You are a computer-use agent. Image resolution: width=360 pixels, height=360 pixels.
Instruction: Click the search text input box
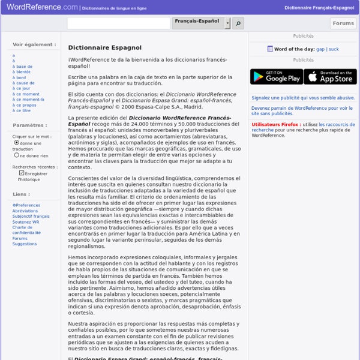click(x=118, y=23)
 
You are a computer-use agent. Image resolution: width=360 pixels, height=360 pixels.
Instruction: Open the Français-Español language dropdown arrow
click(x=227, y=23)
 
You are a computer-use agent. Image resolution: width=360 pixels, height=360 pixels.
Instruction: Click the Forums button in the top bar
click(x=343, y=23)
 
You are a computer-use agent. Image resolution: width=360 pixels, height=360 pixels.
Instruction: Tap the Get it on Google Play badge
click(x=276, y=77)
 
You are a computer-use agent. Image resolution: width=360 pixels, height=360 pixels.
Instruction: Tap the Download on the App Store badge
click(x=330, y=77)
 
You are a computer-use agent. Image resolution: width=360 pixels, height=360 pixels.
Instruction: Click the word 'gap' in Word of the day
click(x=320, y=49)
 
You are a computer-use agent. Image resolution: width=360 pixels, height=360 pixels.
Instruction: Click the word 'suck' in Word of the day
click(x=334, y=49)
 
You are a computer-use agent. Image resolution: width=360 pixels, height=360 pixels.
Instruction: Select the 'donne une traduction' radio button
click(x=16, y=143)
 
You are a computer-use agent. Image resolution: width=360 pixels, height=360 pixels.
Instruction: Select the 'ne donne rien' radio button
click(x=16, y=155)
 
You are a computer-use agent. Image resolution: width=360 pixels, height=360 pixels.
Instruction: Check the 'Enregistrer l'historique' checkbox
click(x=22, y=173)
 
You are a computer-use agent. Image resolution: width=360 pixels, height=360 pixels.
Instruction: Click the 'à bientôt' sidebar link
click(x=22, y=71)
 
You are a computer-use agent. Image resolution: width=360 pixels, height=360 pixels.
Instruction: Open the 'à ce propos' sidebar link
click(x=25, y=105)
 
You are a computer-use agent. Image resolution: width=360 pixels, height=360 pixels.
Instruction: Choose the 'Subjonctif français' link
click(x=30, y=216)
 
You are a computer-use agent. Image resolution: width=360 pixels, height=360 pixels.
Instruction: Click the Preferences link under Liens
click(x=26, y=205)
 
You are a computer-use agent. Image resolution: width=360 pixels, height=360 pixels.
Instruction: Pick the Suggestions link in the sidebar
click(x=25, y=244)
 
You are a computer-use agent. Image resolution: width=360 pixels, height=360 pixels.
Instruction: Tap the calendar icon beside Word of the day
click(x=270, y=49)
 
